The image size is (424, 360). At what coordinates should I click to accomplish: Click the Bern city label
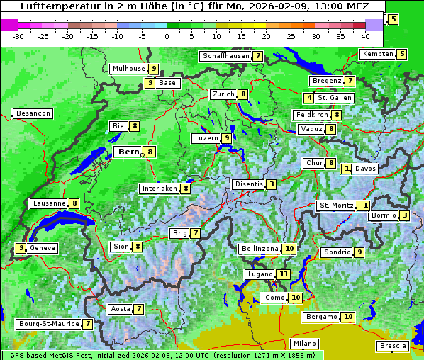pyautogui.click(x=129, y=152)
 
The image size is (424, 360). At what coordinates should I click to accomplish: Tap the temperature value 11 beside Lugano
pyautogui.click(x=284, y=274)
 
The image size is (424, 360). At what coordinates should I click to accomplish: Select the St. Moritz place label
pyautogui.click(x=336, y=206)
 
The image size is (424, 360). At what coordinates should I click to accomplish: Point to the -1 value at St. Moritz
pyautogui.click(x=363, y=206)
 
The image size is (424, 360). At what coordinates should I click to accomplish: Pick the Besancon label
pyautogui.click(x=33, y=113)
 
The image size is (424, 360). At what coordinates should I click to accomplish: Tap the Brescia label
pyautogui.click(x=393, y=346)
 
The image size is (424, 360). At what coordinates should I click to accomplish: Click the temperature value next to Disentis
pyautogui.click(x=272, y=184)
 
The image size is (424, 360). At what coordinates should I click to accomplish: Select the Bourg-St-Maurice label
pyautogui.click(x=48, y=324)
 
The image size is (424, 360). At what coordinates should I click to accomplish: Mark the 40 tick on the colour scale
pyautogui.click(x=366, y=35)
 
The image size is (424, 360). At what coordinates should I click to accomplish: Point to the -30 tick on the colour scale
pyautogui.click(x=18, y=35)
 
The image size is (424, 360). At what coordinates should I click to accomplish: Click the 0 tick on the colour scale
pyautogui.click(x=167, y=35)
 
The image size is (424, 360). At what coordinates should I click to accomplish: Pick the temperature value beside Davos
pyautogui.click(x=347, y=169)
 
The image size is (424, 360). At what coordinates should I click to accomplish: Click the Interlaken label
pyautogui.click(x=160, y=189)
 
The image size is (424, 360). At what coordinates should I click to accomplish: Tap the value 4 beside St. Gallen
pyautogui.click(x=309, y=98)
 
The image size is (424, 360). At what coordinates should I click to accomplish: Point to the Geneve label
pyautogui.click(x=43, y=248)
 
